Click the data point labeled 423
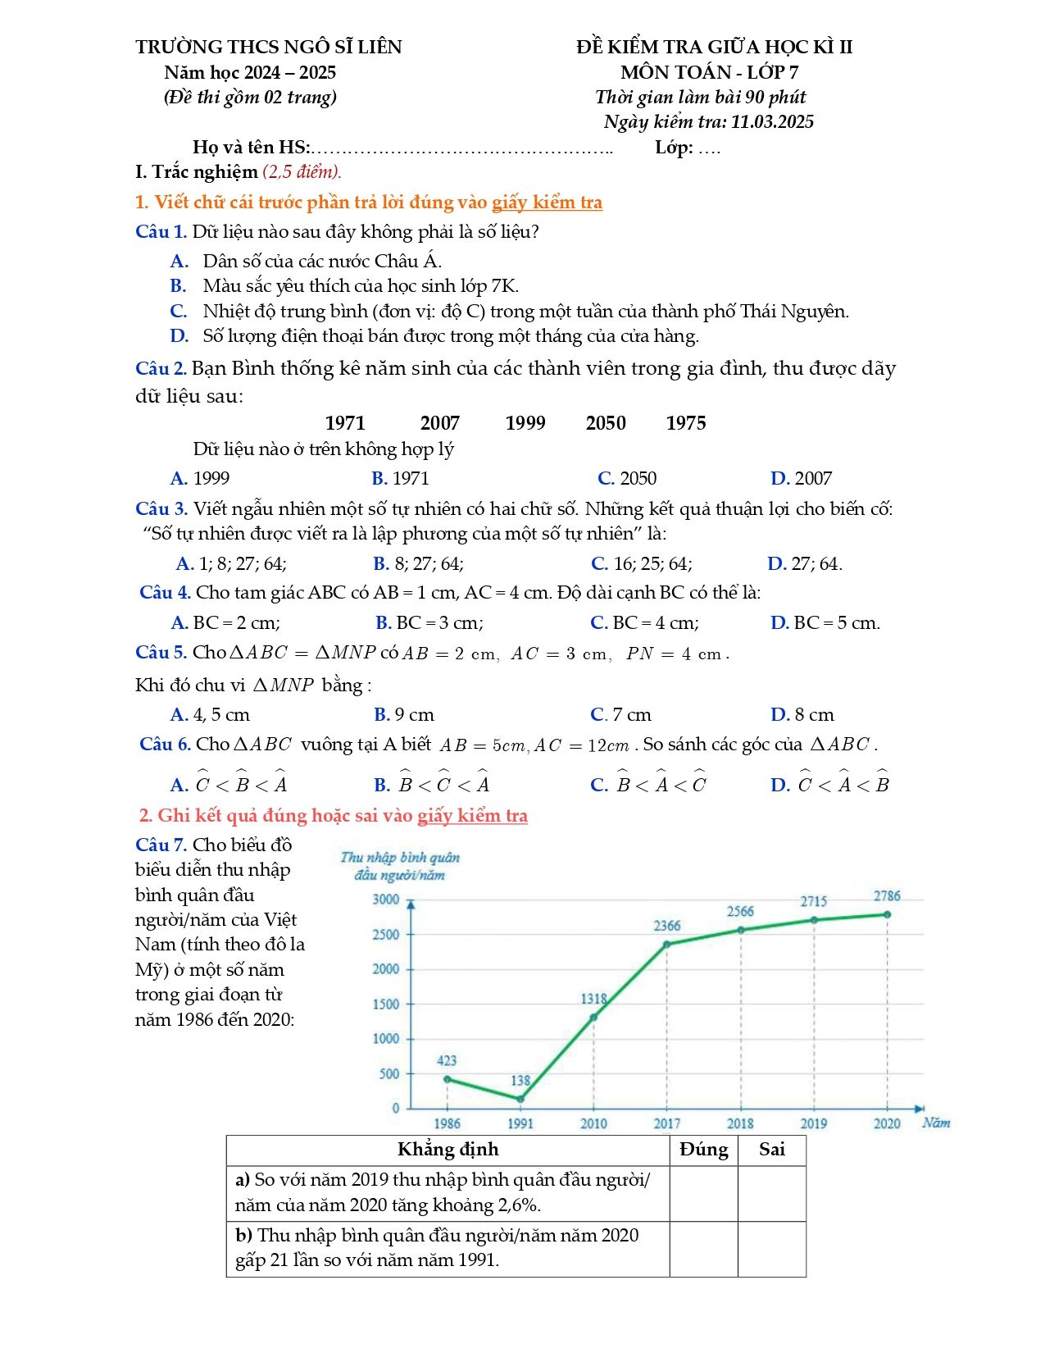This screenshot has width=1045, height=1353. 447,1079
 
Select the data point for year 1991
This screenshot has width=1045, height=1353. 520,1099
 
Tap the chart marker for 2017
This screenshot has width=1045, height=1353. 666,944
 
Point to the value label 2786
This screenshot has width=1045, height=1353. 886,896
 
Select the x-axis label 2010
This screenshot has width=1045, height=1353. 593,1123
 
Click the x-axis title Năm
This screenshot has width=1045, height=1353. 935,1123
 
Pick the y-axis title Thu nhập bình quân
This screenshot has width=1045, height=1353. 400,858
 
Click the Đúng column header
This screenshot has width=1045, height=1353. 703,1150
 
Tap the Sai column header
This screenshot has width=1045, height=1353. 771,1150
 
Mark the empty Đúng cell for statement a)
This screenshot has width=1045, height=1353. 703,1193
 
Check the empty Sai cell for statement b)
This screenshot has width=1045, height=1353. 771,1248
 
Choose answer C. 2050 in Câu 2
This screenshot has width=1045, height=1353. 627,478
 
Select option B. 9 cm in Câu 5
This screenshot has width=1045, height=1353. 404,714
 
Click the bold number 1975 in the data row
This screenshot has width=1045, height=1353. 685,423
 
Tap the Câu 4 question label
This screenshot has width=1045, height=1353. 165,592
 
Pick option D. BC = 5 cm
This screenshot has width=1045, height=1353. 825,622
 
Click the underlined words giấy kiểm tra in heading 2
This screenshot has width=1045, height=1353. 472,815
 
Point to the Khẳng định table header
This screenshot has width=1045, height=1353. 448,1150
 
